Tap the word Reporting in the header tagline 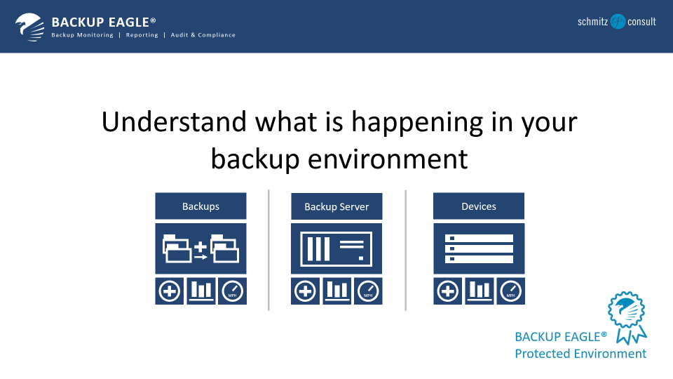click(142, 35)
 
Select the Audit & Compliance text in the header click(203, 35)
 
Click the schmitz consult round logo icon click(618, 22)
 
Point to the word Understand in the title click(174, 122)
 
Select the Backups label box click(200, 206)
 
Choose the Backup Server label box click(336, 207)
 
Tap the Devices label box click(479, 206)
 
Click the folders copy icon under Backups click(200, 249)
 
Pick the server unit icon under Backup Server click(336, 249)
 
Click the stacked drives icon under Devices click(479, 249)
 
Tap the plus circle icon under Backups click(169, 291)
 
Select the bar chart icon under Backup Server click(336, 291)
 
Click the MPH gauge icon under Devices click(510, 291)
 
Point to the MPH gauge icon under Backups click(232, 291)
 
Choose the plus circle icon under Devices click(447, 291)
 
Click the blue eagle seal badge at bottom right click(626, 311)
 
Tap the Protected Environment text click(580, 354)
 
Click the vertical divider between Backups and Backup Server click(268, 249)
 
